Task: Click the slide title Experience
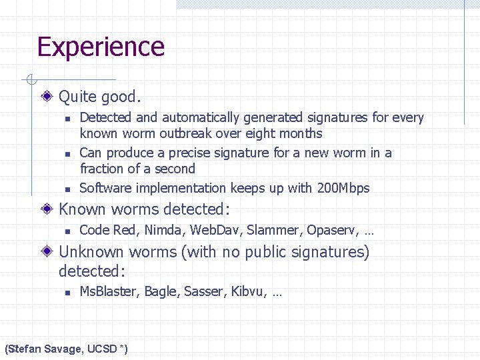point(101,47)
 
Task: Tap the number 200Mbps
point(343,188)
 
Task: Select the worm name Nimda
point(161,231)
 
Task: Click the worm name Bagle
point(161,292)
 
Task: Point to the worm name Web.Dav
point(216,231)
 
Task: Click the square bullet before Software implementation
point(67,189)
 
